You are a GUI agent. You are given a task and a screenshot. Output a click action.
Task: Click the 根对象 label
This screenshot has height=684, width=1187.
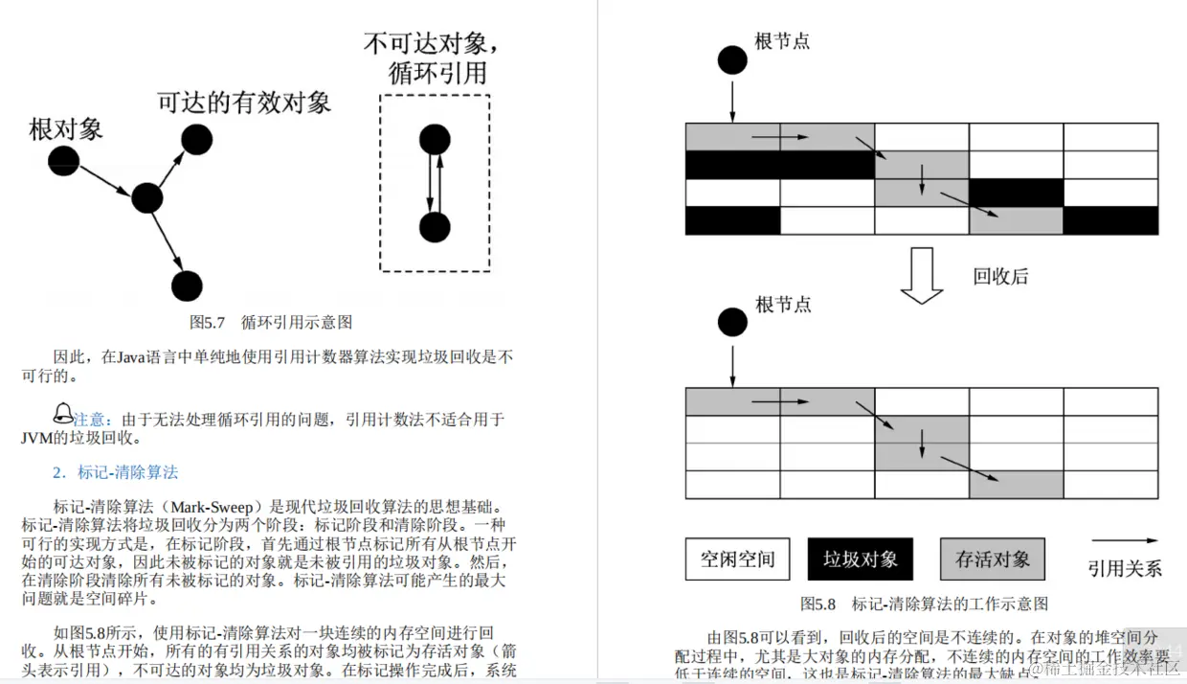(x=66, y=129)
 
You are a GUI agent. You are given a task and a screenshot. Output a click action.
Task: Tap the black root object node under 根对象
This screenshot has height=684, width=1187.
(x=64, y=160)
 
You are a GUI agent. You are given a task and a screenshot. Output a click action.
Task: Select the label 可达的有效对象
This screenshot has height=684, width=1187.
(x=244, y=103)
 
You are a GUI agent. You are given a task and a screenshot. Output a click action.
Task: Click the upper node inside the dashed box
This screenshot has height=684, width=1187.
(x=435, y=140)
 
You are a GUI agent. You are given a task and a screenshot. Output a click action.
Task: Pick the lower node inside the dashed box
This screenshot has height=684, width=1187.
(x=435, y=228)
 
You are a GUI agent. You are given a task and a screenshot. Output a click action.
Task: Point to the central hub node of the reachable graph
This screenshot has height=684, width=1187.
(x=146, y=198)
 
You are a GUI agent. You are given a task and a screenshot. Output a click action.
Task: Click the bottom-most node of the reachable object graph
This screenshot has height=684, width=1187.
(x=187, y=285)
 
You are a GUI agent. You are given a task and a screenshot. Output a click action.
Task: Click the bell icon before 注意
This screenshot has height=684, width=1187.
(x=62, y=414)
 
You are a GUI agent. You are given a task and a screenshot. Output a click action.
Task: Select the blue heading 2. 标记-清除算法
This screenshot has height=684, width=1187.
(x=115, y=472)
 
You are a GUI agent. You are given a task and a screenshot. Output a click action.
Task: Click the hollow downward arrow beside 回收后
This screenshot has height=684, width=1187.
(x=923, y=276)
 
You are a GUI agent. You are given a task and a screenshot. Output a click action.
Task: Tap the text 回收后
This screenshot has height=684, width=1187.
(x=1000, y=277)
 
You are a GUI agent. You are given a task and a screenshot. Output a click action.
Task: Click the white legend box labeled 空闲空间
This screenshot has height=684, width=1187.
(x=737, y=559)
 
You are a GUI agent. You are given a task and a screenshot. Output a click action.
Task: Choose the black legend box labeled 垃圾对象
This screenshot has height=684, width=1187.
(x=860, y=559)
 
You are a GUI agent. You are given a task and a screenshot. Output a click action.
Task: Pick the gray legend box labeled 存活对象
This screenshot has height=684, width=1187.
(x=992, y=559)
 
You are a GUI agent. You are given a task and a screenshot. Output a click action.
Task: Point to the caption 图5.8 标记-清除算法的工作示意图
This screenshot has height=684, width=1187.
(x=924, y=604)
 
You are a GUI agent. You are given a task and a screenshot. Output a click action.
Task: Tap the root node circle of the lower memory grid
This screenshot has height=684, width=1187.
(x=732, y=322)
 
